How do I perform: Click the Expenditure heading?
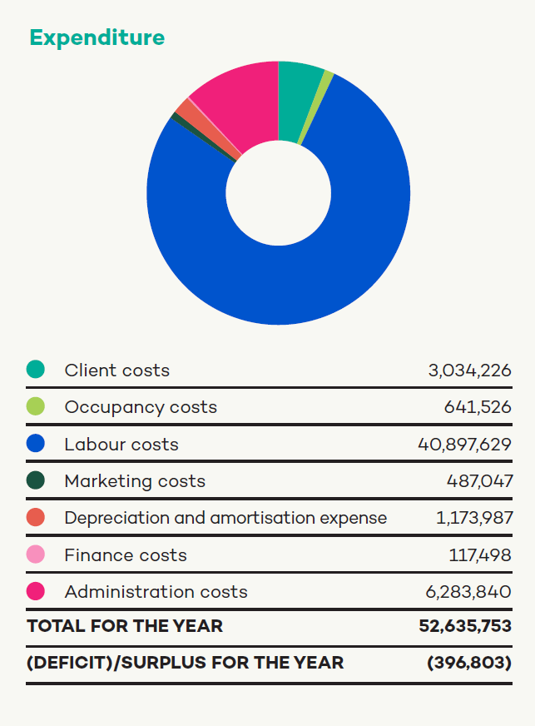point(97,37)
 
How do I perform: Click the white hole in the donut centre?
point(278,193)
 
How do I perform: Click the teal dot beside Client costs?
point(36,370)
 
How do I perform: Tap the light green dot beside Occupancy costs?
point(36,406)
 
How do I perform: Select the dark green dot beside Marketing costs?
point(36,480)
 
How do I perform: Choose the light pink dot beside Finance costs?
point(36,554)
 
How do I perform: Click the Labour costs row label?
point(121,444)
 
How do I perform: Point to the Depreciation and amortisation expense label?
point(225,518)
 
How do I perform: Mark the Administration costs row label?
point(156,592)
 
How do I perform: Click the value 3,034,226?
point(469,370)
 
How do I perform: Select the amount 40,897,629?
point(464,444)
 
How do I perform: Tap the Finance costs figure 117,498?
point(480,555)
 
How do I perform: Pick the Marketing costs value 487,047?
point(478,481)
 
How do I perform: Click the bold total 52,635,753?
point(464,626)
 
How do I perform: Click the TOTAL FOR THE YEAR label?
point(125,626)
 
